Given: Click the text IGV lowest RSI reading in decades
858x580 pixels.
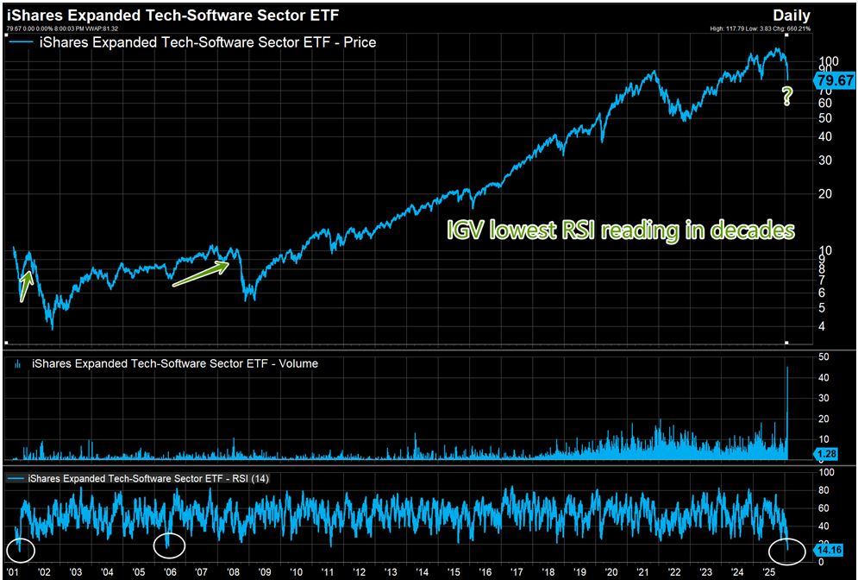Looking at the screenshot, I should click(620, 231).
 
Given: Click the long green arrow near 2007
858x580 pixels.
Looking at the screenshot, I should click(201, 274).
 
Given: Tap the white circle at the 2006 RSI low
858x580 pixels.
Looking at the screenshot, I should click(169, 545).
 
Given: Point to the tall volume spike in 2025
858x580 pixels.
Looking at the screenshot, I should click(786, 406).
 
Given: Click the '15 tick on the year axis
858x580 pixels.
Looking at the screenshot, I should click(454, 571).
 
